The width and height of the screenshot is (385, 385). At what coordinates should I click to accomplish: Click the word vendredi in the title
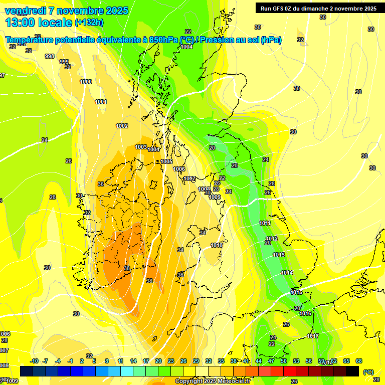25,11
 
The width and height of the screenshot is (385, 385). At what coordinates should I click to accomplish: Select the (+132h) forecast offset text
89,23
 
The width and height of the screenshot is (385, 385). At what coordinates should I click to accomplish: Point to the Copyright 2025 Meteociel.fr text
213,381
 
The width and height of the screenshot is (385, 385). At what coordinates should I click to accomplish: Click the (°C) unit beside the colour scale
368,372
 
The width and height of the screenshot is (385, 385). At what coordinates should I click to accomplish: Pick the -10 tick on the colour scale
35,361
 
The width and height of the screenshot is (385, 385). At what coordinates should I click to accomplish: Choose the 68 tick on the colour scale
359,361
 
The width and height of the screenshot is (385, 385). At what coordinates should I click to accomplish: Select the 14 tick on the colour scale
133,361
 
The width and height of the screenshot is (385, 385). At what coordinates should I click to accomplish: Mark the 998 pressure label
50,56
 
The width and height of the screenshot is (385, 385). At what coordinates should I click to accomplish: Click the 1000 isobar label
86,82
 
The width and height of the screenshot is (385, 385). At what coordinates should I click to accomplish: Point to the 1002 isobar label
122,126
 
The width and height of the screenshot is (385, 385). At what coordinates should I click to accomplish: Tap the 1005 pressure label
166,161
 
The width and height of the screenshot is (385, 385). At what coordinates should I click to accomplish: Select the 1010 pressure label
217,245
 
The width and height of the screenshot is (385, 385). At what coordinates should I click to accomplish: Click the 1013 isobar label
279,255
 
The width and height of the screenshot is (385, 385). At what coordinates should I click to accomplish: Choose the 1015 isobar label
296,292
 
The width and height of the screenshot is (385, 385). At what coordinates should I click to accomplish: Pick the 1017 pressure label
313,336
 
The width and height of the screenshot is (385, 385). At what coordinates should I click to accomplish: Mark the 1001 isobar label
101,102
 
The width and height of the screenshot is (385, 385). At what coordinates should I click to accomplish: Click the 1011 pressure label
265,223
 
